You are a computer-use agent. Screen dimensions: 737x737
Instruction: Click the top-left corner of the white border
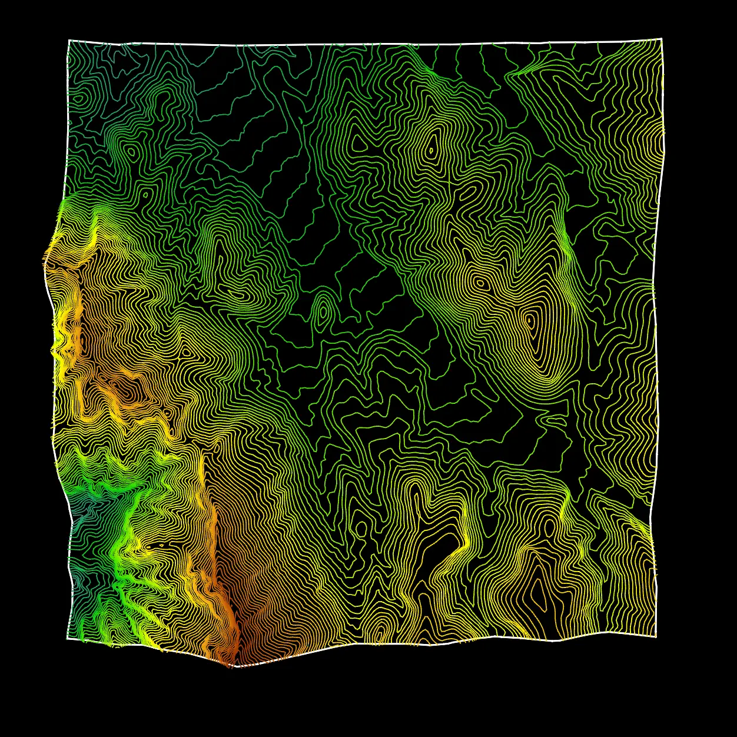(x=69, y=41)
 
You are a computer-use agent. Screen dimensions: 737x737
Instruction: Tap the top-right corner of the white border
(x=662, y=39)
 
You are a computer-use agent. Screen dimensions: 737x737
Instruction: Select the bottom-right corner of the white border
(x=656, y=637)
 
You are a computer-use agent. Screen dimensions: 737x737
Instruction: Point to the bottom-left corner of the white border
(x=68, y=638)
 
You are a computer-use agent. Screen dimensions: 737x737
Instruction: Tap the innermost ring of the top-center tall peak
(x=431, y=151)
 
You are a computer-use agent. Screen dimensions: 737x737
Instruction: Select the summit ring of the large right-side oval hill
(x=529, y=321)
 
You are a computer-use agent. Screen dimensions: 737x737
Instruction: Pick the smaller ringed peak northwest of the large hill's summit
(x=480, y=283)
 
